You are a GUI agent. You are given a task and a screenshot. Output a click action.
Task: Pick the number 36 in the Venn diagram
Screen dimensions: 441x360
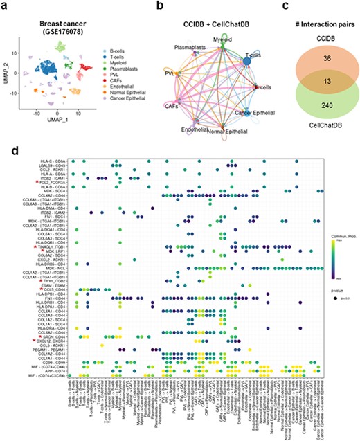310,60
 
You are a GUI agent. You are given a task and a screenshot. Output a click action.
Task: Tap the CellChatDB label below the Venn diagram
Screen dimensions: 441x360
310,142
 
